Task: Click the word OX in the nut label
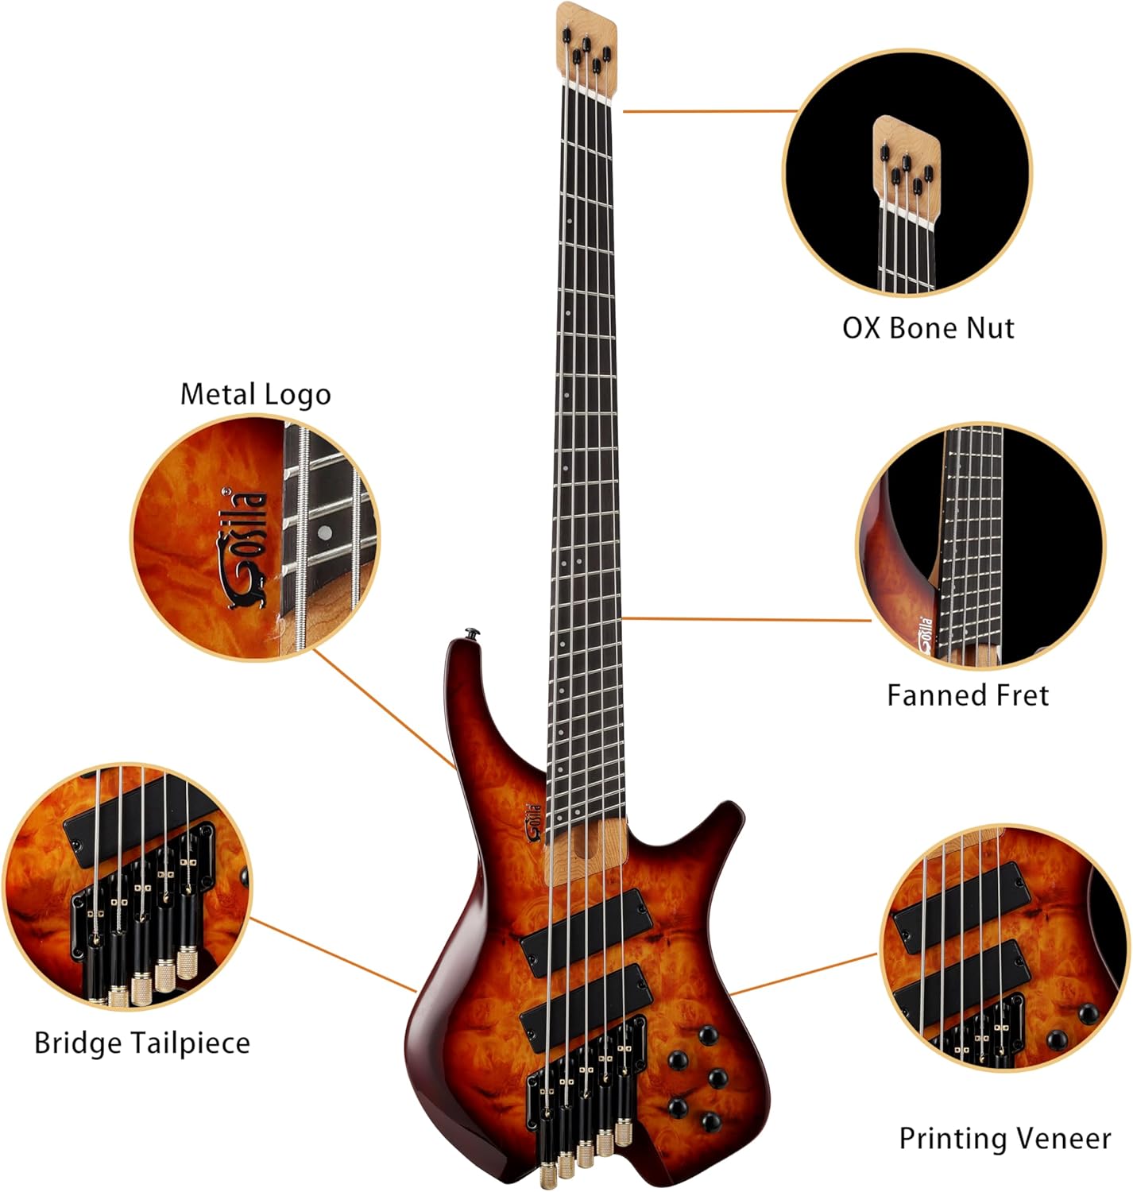861,328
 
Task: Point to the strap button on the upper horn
474,633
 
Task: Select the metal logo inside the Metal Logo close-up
245,548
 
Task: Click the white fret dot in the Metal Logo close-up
324,533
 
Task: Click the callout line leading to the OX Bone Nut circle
710,111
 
